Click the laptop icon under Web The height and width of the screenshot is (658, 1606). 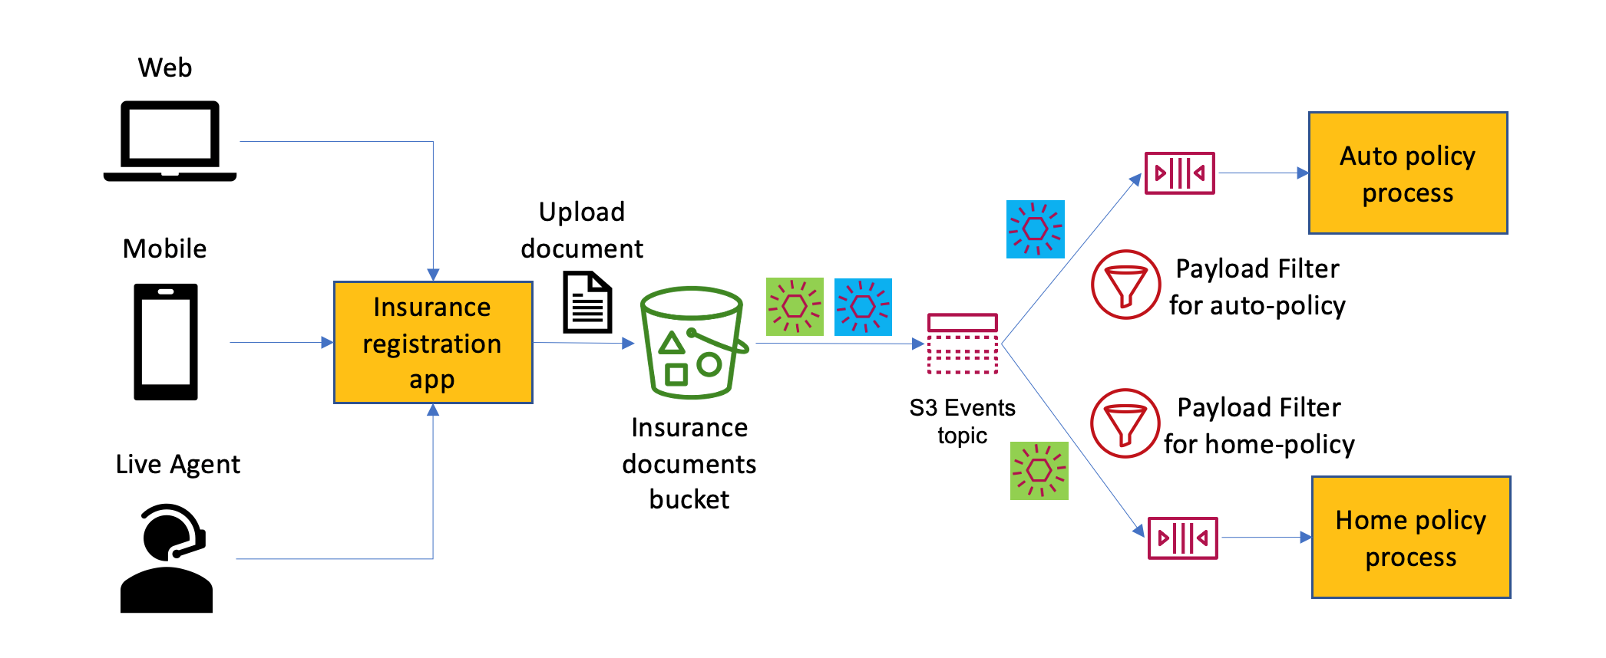pos(170,141)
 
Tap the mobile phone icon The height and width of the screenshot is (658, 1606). pos(166,342)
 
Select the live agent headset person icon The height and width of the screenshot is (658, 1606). pos(167,558)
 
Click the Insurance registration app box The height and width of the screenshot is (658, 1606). pos(433,342)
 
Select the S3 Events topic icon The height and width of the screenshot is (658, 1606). pos(962,344)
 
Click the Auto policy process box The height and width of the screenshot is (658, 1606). pos(1408,173)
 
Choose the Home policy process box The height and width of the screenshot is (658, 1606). pos(1411,537)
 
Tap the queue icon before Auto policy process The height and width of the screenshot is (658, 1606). pos(1179,173)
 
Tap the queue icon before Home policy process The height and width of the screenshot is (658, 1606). pos(1182,538)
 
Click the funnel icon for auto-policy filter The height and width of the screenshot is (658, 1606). pos(1125,285)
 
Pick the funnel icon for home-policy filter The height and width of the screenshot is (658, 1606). pos(1125,423)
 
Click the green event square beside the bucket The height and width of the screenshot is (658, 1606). pos(795,307)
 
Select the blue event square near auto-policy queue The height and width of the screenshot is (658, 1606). pos(1035,229)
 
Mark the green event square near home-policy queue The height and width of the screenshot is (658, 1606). pos(1039,470)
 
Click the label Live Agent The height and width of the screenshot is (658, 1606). pos(177,465)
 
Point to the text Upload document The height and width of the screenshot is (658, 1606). pos(582,230)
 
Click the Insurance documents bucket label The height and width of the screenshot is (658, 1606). pos(689,463)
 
